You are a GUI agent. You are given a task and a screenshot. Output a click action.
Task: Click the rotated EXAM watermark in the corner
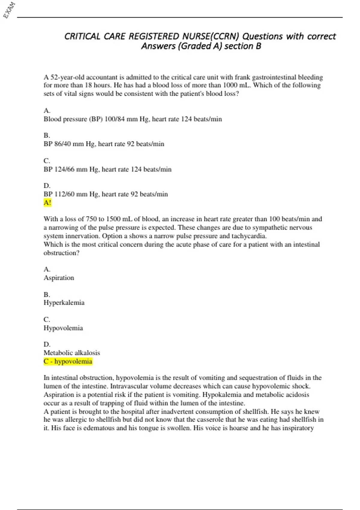click(x=9, y=10)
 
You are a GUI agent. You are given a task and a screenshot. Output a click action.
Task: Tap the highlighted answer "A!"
click(x=47, y=203)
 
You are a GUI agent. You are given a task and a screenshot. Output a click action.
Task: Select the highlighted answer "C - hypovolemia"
click(x=68, y=361)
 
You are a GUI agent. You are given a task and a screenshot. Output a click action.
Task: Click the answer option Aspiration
click(x=59, y=278)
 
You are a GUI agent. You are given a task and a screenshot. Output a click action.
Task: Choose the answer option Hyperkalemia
click(x=64, y=303)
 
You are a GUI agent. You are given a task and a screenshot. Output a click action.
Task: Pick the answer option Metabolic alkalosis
click(x=72, y=353)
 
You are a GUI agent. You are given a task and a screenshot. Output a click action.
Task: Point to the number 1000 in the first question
click(x=230, y=85)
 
